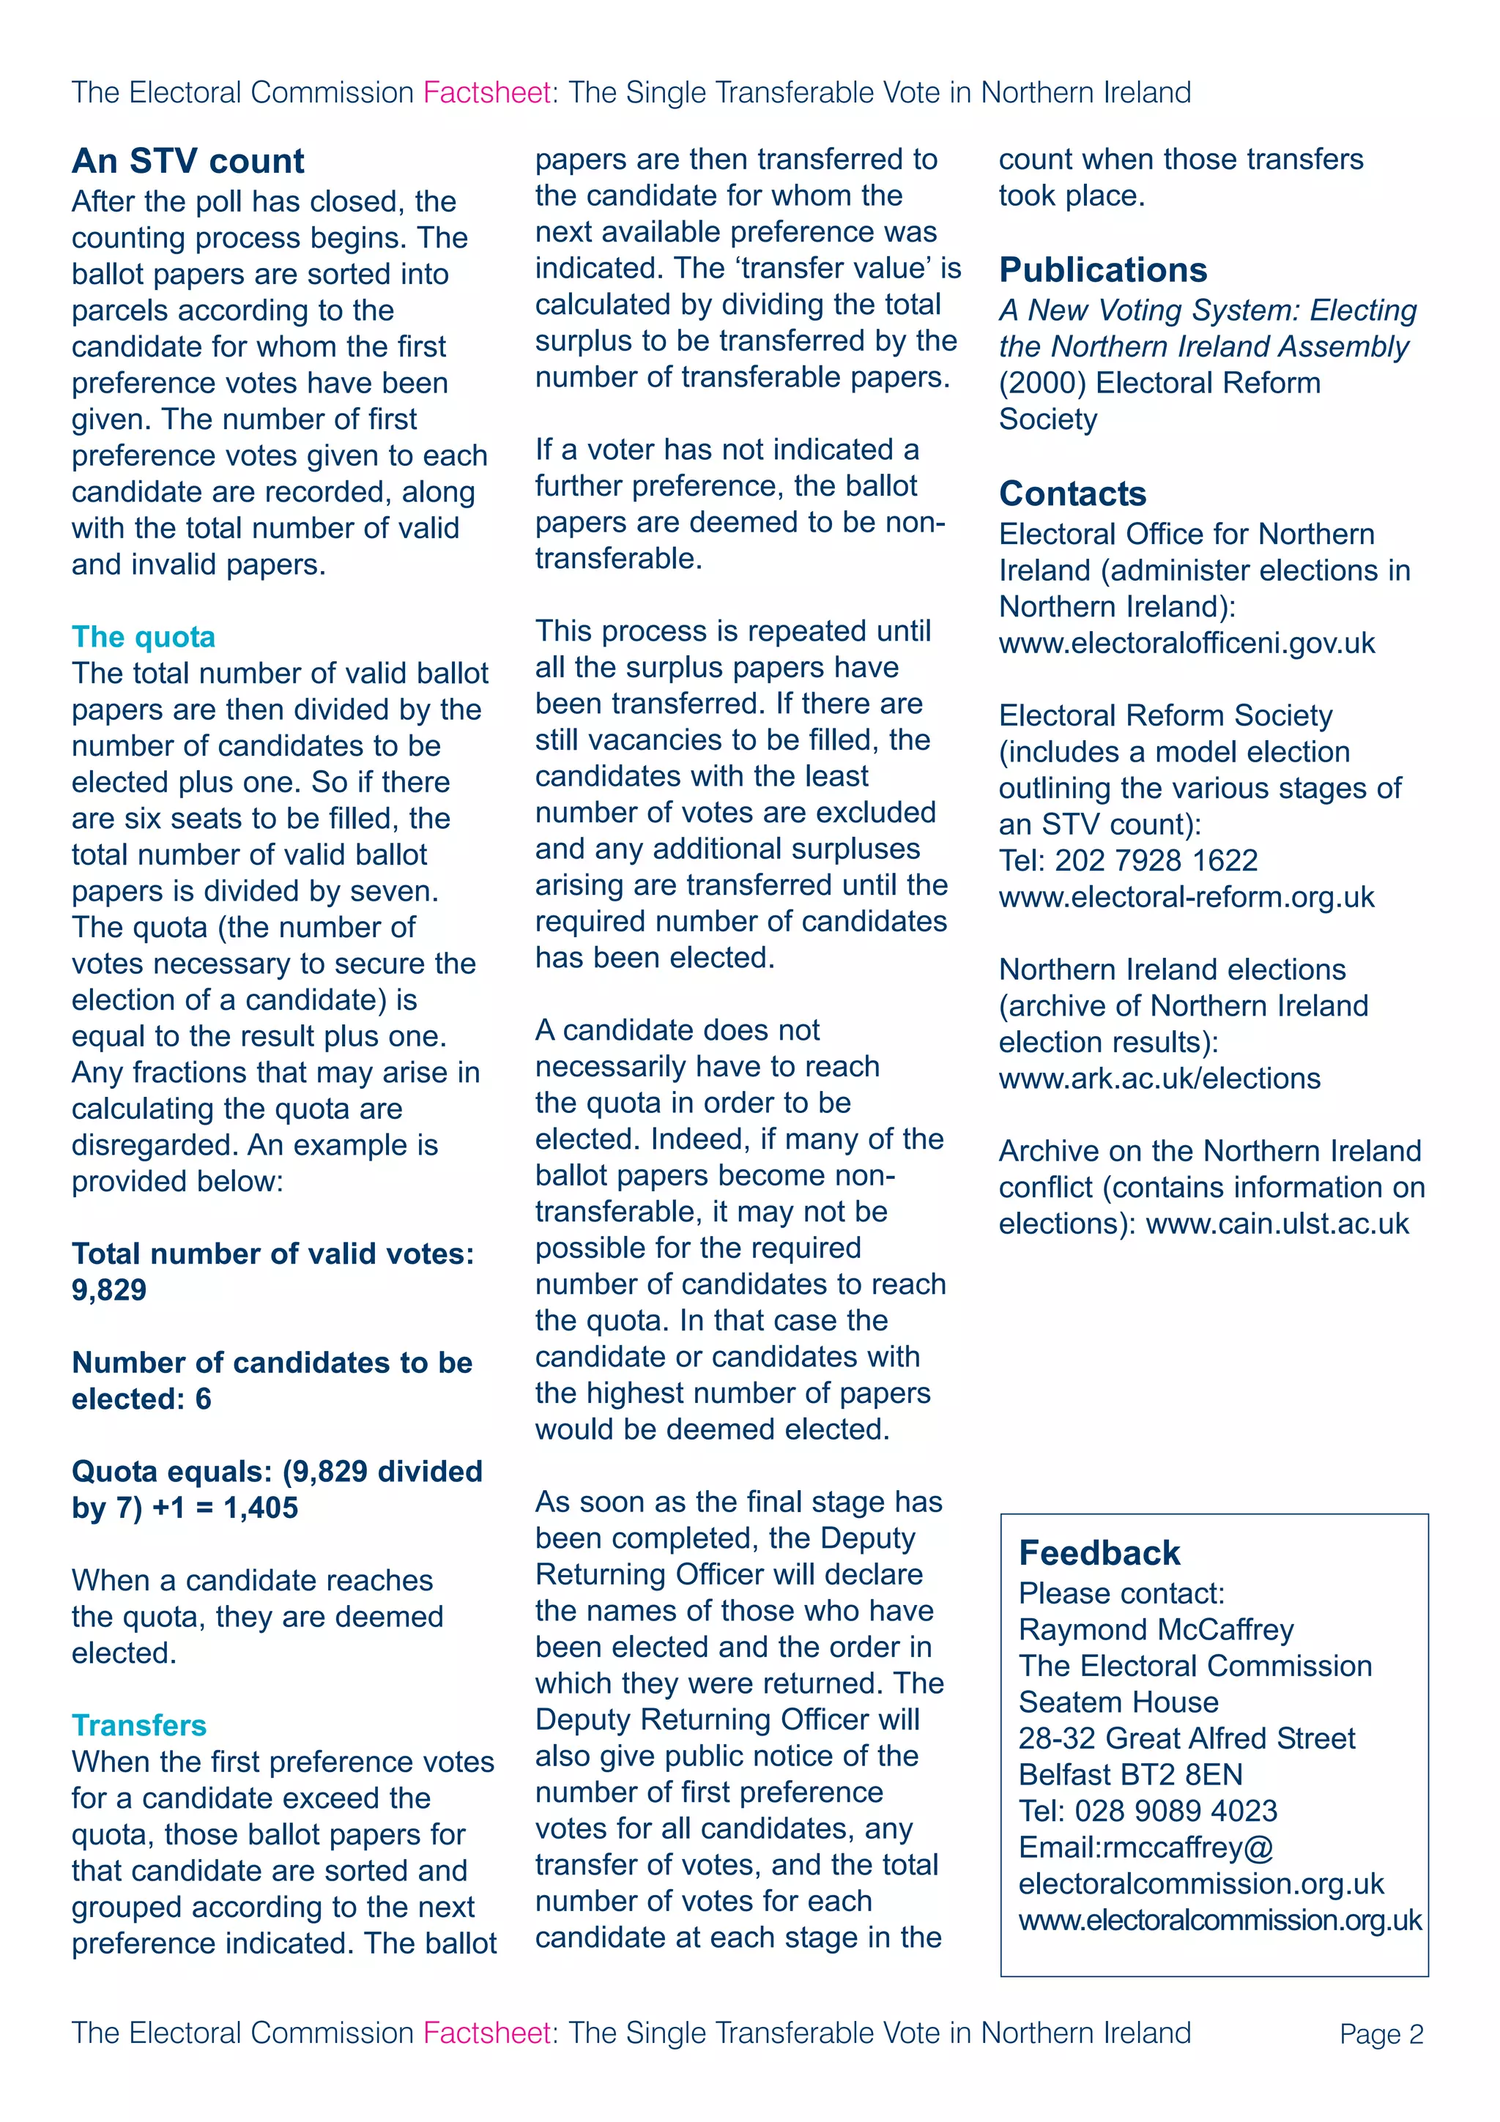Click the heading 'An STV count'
187,161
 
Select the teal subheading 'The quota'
144,637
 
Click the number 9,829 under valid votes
109,1290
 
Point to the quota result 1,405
261,1508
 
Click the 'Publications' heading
1102,270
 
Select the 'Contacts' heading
1072,494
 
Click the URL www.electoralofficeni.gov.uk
1187,643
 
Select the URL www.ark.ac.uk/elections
1159,1079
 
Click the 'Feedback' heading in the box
1099,1554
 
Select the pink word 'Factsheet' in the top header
486,92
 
